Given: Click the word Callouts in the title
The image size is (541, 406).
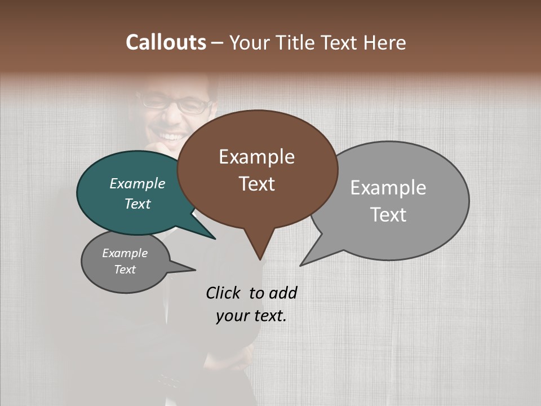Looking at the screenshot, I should (x=166, y=42).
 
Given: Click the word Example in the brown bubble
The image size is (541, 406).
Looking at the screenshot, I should (x=256, y=157).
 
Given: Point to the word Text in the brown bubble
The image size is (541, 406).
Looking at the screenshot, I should (x=256, y=184).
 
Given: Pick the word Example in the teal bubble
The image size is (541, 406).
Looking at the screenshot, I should (x=138, y=183).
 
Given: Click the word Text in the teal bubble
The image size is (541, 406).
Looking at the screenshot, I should (x=138, y=204).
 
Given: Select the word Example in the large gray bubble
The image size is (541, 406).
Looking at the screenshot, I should (x=388, y=188).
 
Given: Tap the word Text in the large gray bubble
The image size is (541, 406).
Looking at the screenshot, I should (x=388, y=215).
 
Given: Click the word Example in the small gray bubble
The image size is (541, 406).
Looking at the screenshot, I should (x=125, y=253).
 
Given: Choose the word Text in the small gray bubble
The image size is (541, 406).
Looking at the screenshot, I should (x=125, y=270).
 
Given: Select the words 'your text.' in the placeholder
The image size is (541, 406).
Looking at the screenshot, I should (x=251, y=316).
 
